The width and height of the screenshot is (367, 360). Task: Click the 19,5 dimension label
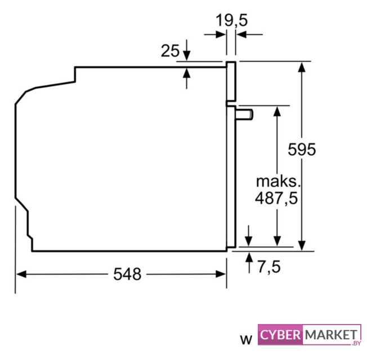point(231,20)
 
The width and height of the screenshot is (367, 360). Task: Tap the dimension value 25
point(170,51)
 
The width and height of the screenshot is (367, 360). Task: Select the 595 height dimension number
point(302,149)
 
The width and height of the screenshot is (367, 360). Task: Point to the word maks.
point(278,181)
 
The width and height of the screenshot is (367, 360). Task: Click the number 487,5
point(276,199)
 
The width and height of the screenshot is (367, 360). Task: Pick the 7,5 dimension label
point(269,267)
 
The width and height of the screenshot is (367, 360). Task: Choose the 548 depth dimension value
point(127,274)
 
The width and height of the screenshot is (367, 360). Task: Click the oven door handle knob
point(244,115)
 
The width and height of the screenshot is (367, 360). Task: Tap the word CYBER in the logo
point(280,335)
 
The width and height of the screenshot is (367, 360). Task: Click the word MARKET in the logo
point(331,335)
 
